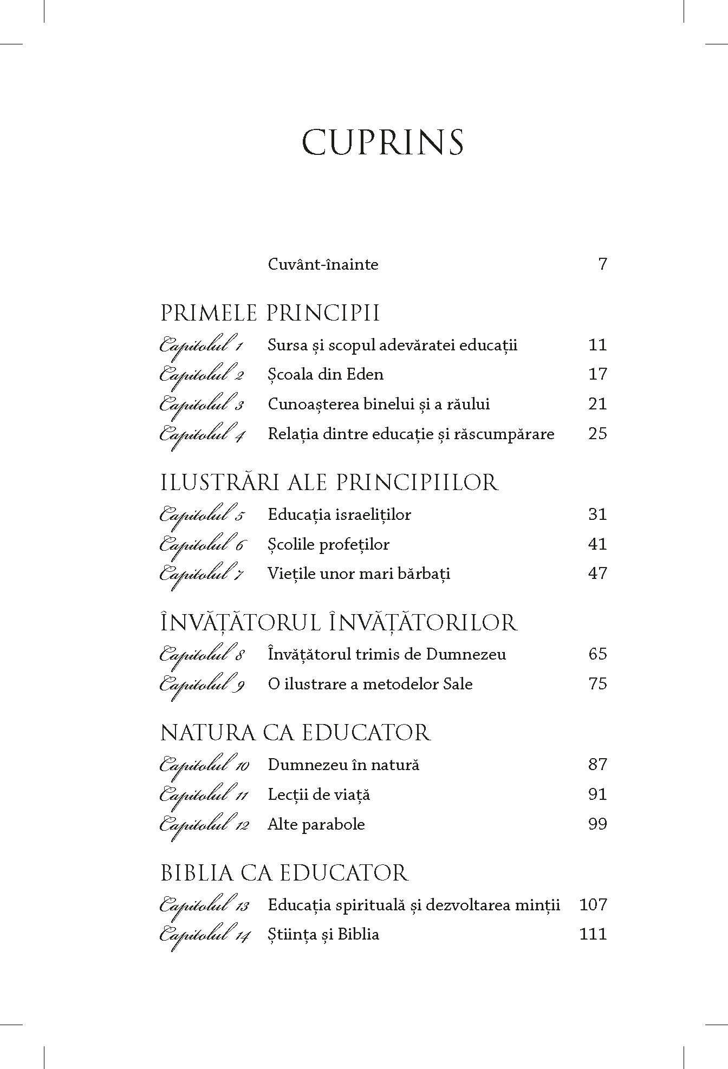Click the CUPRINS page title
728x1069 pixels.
[382, 143]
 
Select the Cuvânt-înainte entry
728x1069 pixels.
[323, 265]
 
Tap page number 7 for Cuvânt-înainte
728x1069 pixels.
[602, 264]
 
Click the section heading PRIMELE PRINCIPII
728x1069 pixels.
[270, 314]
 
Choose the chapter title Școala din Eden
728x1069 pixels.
[326, 375]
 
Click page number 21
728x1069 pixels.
[597, 404]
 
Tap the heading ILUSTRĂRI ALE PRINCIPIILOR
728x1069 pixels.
[329, 483]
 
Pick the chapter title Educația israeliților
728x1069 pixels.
[339, 514]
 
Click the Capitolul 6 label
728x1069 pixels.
[201, 545]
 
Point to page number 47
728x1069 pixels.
[597, 573]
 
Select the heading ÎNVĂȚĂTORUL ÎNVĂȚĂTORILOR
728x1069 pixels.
[339, 623]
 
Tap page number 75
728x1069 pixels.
[597, 684]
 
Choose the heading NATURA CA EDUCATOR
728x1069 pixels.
[295, 733]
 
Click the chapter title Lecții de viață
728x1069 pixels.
[318, 795]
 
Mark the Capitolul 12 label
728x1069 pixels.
[204, 826]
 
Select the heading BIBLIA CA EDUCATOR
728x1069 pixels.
[284, 873]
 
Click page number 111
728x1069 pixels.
[593, 935]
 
